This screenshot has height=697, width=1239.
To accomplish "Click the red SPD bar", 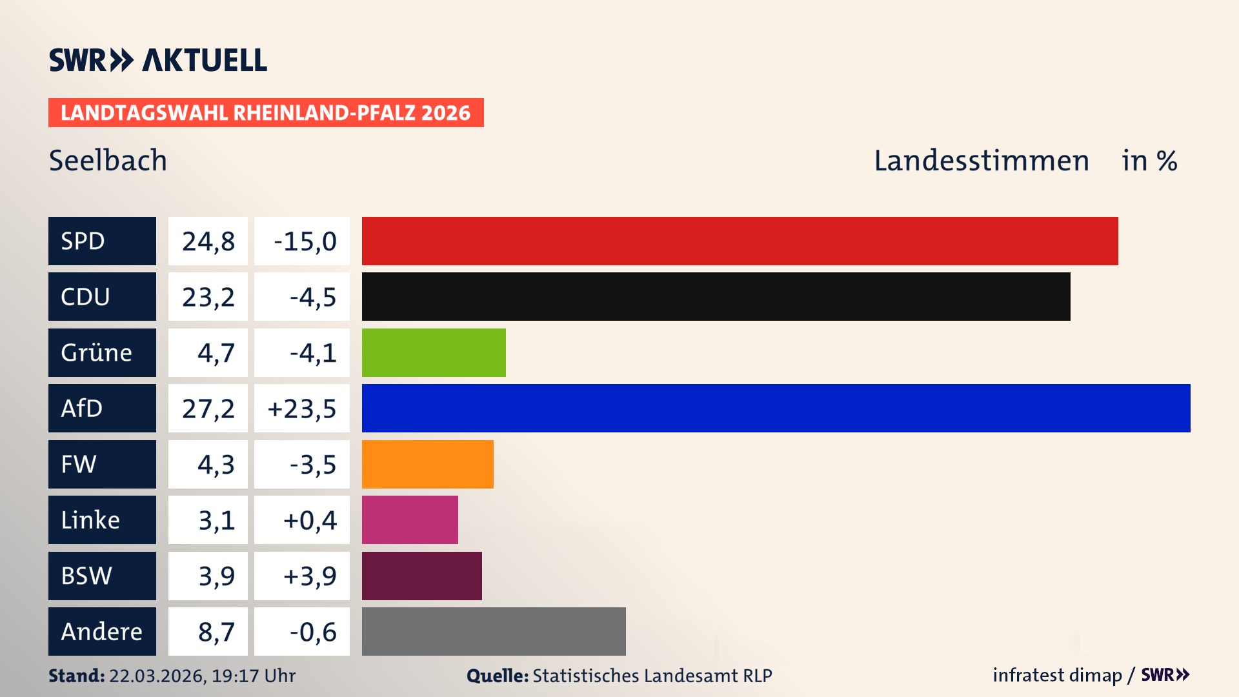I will tap(740, 241).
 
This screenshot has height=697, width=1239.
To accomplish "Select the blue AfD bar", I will tap(776, 408).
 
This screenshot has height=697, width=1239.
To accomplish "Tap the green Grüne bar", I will tap(434, 352).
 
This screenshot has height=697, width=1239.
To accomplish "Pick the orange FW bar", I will tap(427, 464).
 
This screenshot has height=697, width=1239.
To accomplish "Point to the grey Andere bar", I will tap(494, 631).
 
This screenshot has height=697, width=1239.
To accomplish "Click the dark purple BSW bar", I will tap(421, 576).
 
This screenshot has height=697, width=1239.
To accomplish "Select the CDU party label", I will tap(102, 297).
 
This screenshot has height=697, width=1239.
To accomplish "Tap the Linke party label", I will tap(102, 520).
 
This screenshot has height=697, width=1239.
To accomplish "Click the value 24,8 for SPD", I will tap(208, 241).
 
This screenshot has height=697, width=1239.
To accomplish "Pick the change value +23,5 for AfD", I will tap(302, 409).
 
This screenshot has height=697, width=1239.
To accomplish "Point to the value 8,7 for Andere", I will tap(216, 632).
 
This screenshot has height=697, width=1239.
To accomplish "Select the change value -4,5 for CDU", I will tap(312, 297).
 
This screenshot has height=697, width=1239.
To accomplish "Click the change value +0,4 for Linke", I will tap(310, 520).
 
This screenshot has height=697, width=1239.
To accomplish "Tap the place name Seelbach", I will tap(108, 160).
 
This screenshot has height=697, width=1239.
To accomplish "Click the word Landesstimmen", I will tap(981, 160).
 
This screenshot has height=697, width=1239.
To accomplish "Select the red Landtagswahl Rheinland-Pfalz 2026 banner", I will tap(266, 112).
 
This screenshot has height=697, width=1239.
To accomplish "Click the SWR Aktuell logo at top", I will tap(158, 60).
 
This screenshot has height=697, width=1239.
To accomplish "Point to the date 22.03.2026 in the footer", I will tap(157, 676).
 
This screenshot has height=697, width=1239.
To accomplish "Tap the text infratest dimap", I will tap(1057, 675).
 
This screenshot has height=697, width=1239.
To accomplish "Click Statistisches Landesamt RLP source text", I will tap(652, 676).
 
